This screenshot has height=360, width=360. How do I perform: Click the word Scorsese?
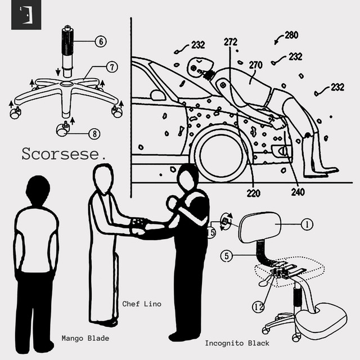pyautogui.click(x=63, y=154)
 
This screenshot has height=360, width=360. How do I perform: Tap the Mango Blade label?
pyautogui.click(x=85, y=339)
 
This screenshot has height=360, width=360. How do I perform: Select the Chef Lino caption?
pyautogui.click(x=142, y=304)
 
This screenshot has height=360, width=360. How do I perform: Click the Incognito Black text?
pyautogui.click(x=237, y=343)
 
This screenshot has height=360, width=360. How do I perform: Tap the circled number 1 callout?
pyautogui.click(x=307, y=224)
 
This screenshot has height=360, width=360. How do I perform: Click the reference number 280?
pyautogui.click(x=291, y=35)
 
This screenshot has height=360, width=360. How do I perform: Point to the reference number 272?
pyautogui.click(x=231, y=42)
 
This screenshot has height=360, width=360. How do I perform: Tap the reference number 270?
pyautogui.click(x=255, y=65)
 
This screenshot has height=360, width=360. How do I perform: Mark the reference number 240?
pyautogui.click(x=298, y=192)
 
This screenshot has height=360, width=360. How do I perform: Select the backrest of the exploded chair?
pyautogui.click(x=260, y=228)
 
